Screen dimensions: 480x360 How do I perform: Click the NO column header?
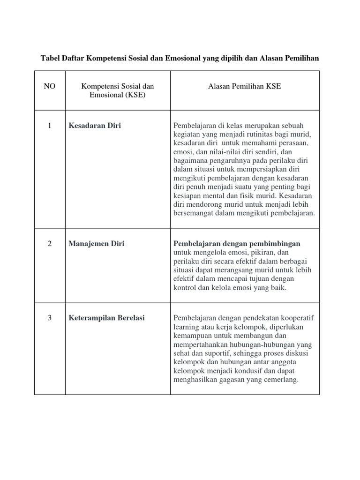50,86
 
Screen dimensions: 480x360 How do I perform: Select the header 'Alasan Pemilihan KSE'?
245,86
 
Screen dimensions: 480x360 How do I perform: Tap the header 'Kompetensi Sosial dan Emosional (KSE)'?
118,90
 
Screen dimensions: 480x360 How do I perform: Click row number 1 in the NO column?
50,126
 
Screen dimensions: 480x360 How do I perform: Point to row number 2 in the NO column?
50,244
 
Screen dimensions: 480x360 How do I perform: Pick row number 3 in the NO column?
50,318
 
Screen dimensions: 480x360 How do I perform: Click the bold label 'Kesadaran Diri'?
95,126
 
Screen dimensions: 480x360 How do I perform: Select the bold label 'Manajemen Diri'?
97,244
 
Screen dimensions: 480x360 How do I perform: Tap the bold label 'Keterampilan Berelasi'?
107,318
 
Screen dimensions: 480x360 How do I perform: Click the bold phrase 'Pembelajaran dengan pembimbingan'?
237,244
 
